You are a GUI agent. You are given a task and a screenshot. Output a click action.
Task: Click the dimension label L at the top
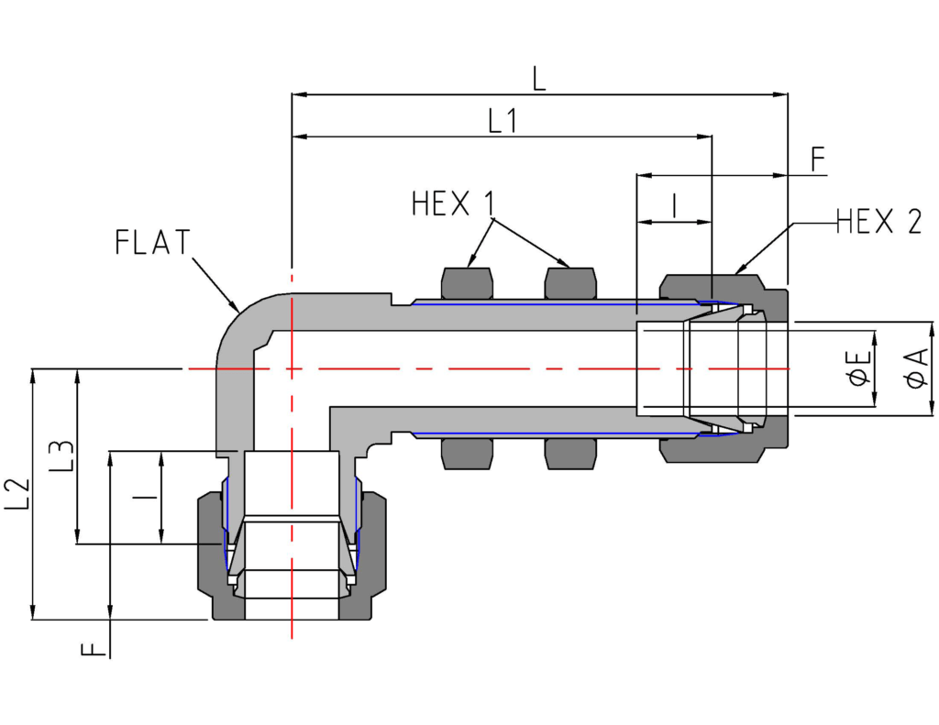click(x=538, y=77)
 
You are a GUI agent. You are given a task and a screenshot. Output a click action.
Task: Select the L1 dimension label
click(x=502, y=120)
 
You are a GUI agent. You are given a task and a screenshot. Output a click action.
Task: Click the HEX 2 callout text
click(x=878, y=221)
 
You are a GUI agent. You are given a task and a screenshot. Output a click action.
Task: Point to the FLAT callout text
click(x=153, y=242)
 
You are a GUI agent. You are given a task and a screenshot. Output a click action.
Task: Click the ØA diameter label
click(x=916, y=368)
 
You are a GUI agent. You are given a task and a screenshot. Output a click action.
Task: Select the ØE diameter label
click(x=860, y=368)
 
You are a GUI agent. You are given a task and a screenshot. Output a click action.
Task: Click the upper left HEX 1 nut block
click(x=467, y=283)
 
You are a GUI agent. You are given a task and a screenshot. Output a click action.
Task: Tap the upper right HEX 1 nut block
click(x=570, y=283)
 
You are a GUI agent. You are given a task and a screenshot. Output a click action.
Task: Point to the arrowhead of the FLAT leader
click(x=237, y=307)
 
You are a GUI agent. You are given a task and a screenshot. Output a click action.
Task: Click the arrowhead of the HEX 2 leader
click(x=738, y=271)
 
